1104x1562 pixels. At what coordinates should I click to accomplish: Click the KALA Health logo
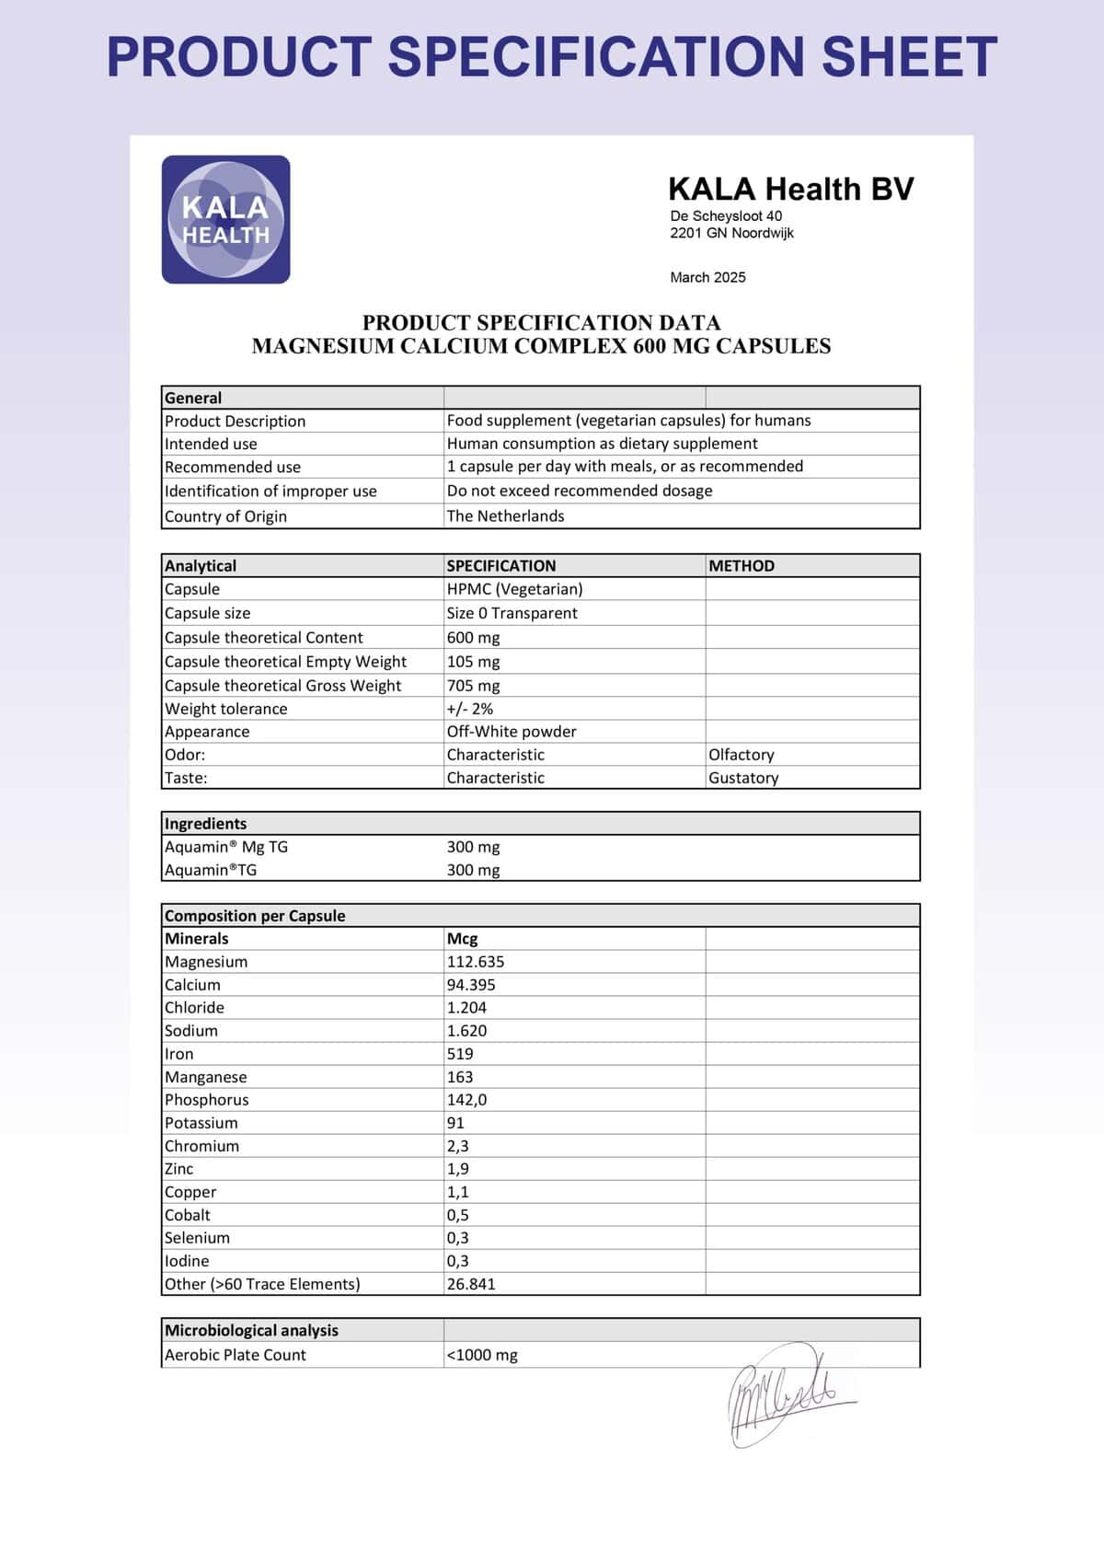point(225,219)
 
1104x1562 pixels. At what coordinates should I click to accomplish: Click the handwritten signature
point(787,1394)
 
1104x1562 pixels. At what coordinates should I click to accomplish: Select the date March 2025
point(707,277)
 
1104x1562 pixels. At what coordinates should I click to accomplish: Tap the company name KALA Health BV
point(790,189)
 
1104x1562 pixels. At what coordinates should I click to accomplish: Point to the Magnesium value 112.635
point(476,962)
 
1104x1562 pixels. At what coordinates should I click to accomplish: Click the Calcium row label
point(192,985)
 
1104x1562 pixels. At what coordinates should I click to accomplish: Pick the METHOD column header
point(742,566)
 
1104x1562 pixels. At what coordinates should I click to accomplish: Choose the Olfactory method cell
point(742,755)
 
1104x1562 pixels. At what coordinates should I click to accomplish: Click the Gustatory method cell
point(743,778)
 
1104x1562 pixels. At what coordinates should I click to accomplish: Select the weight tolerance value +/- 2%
point(470,709)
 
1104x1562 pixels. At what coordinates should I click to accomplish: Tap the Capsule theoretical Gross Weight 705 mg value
point(473,686)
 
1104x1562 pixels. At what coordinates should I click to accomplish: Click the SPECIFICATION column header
point(501,566)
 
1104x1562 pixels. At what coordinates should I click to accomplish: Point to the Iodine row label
point(187,1261)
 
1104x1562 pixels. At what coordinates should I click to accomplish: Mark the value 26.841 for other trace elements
point(471,1284)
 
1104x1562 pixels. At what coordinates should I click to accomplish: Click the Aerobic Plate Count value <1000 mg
point(482,1355)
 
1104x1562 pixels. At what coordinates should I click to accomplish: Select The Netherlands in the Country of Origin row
point(505,516)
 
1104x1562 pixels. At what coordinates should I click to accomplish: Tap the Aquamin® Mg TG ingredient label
point(226,847)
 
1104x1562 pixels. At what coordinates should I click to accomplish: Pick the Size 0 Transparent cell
point(512,613)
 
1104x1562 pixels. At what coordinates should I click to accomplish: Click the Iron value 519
point(460,1054)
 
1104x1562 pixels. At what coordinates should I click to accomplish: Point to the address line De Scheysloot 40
point(726,216)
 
